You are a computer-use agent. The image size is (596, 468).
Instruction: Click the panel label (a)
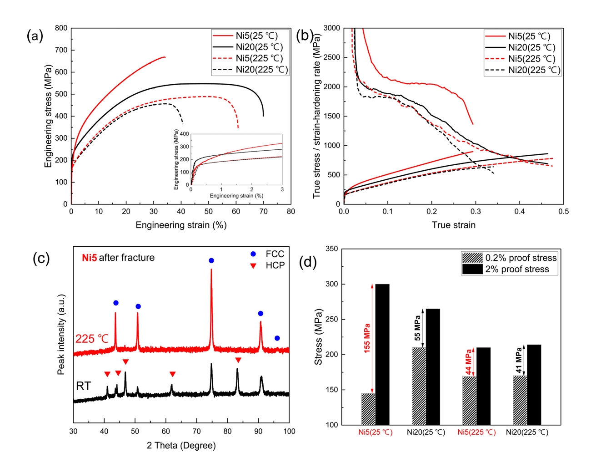pos(35,36)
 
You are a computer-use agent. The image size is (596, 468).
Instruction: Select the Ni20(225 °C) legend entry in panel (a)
pos(261,70)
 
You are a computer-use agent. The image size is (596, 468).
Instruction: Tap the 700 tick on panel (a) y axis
pos(61,50)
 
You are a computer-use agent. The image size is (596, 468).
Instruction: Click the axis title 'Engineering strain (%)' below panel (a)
pos(181,225)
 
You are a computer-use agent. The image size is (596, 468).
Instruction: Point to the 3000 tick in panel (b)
pos(331,28)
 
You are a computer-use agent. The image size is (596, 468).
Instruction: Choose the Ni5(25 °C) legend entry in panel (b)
pos(529,36)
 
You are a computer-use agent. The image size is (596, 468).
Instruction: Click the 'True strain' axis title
pos(453,225)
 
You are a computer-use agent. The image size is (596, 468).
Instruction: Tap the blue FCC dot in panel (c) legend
pos(253,254)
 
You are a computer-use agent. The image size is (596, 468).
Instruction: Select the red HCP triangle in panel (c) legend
pos(253,265)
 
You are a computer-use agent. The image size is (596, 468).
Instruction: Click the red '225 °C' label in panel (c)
pos(92,339)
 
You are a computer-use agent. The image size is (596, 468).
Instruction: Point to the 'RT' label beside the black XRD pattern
pos(83,386)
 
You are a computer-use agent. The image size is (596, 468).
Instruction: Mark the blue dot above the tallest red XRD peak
pos(211,260)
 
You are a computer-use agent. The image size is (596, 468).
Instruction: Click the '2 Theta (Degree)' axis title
pos(181,445)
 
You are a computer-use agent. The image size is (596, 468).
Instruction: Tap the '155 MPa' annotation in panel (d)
pos(367,338)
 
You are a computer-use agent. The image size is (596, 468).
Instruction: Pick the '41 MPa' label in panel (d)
pos(518,360)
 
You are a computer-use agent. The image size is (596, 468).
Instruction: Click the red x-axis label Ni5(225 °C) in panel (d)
pos(476,432)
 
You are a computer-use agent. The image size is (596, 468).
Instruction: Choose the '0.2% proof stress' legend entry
pos(521,258)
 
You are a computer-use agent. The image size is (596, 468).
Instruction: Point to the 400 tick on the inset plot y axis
pos(184,134)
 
